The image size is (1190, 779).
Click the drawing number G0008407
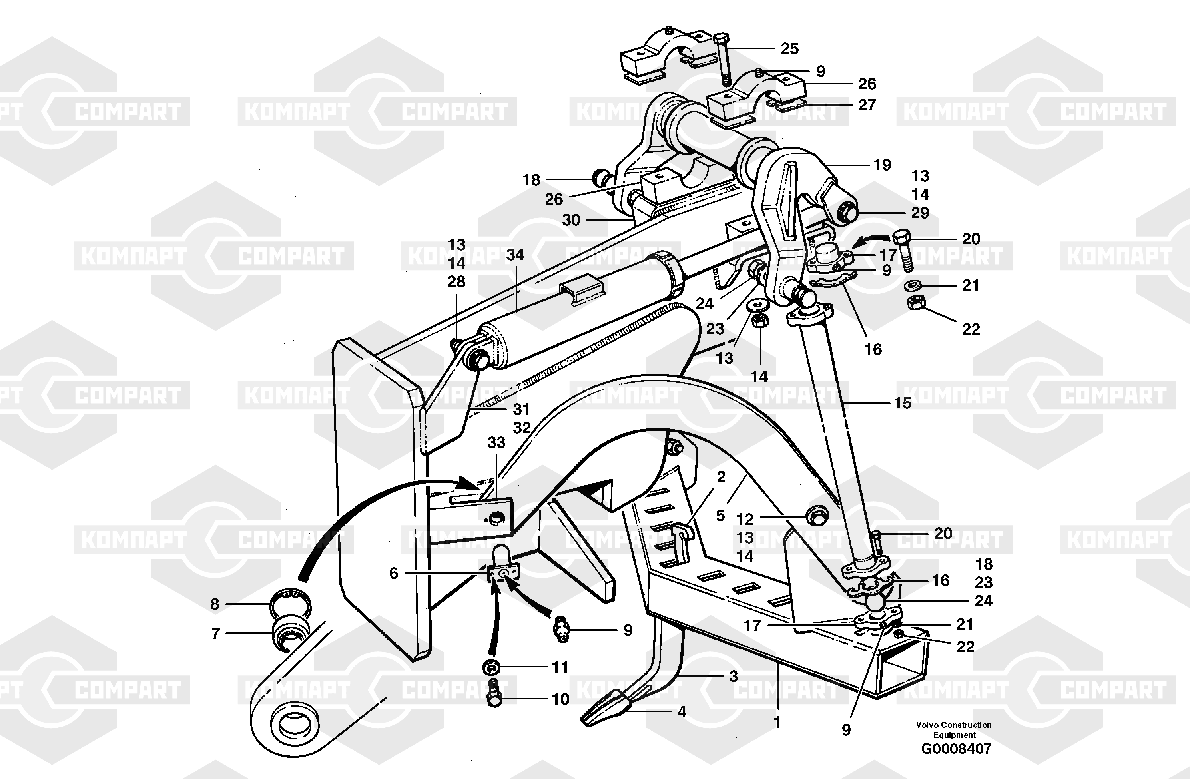click(x=956, y=749)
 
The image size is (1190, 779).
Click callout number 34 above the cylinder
click(x=515, y=255)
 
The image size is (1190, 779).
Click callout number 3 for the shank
click(x=733, y=677)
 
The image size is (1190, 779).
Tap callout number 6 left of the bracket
click(x=394, y=573)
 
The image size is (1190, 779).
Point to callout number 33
click(x=496, y=442)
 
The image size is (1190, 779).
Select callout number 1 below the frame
click(x=777, y=723)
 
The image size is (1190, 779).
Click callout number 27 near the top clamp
click(x=867, y=105)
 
